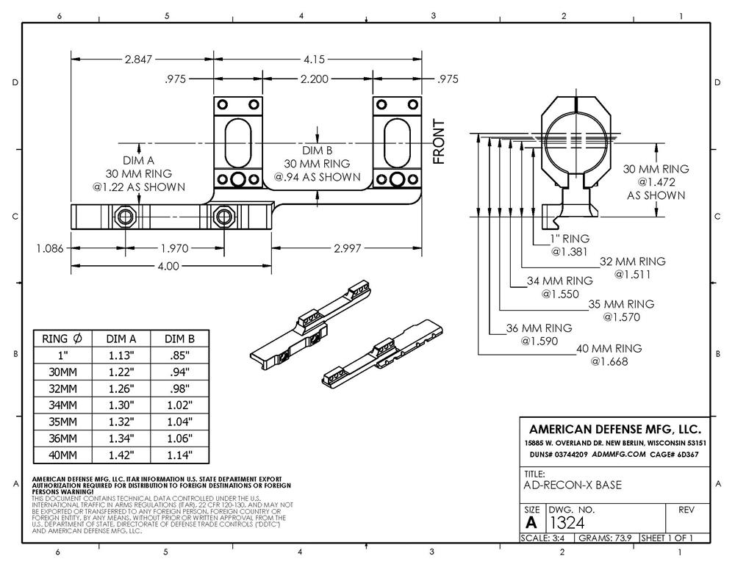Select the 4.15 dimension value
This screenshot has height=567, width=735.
point(318,59)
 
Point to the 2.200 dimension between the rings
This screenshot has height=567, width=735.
point(314,79)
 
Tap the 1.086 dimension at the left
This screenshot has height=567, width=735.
point(51,248)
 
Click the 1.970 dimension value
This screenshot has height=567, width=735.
point(174,248)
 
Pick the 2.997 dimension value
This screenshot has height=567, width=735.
point(348,248)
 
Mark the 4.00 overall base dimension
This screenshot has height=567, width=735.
point(168,266)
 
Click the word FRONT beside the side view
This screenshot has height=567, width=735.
point(439,141)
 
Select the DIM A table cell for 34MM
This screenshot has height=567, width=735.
point(121,405)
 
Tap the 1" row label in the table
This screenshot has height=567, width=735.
point(64,355)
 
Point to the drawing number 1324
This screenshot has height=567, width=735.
point(568,522)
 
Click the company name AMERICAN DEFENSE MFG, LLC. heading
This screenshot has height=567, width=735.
point(615,429)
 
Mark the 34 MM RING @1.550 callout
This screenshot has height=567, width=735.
point(560,287)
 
